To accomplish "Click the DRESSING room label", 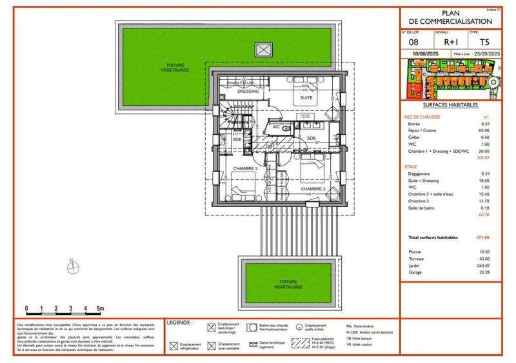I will click(248, 92).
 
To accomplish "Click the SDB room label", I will click(311, 138).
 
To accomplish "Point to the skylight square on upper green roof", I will click(263, 50).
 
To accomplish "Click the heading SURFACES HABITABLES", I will click(450, 104).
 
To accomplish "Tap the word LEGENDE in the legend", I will click(179, 322).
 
